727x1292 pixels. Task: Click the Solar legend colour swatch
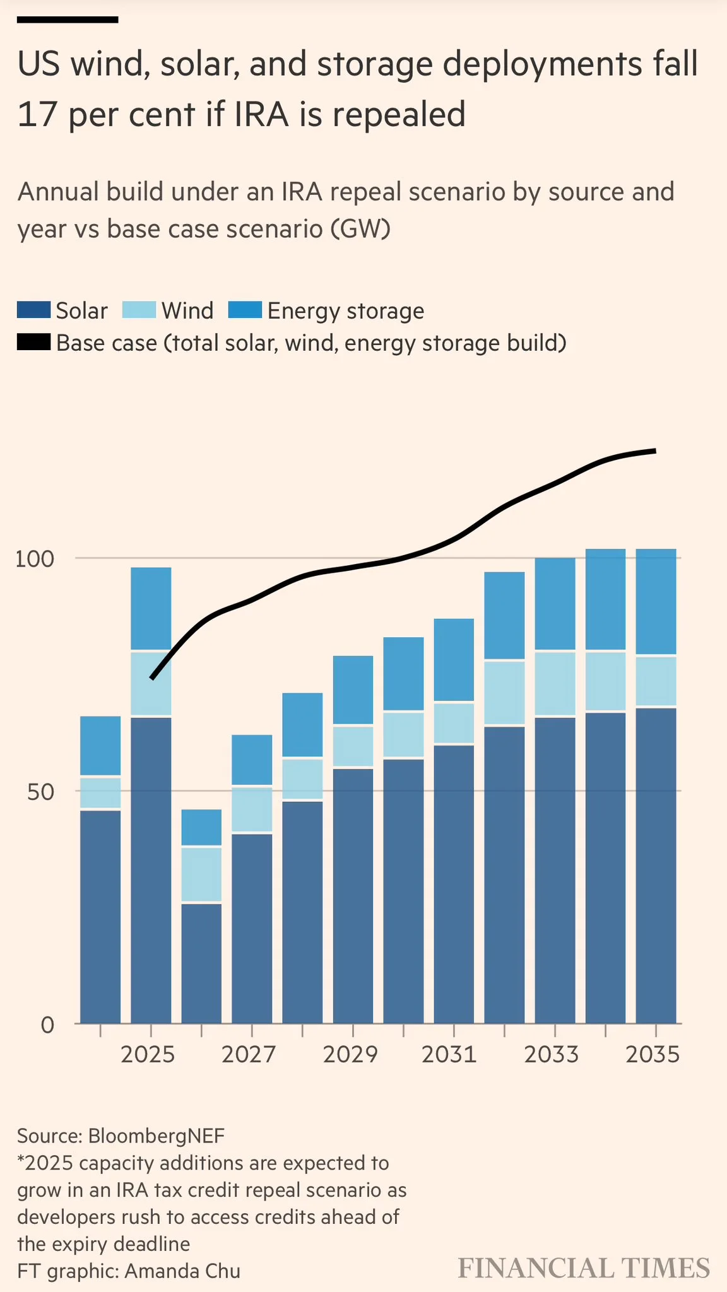[33, 310]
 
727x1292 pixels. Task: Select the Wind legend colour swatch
[138, 310]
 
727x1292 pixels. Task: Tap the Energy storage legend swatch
[244, 310]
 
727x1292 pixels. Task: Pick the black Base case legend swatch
[33, 343]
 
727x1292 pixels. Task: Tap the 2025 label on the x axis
[148, 1054]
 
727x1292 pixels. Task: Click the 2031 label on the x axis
[449, 1054]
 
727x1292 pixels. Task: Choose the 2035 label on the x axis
[653, 1054]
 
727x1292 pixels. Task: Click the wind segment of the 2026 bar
[201, 874]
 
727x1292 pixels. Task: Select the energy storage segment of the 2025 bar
[151, 608]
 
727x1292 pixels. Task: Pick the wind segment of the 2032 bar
[504, 693]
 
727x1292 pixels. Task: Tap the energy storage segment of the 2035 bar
[656, 602]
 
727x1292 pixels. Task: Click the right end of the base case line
[654, 451]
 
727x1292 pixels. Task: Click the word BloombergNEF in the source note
[156, 1136]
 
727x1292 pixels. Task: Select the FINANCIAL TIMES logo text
[584, 1268]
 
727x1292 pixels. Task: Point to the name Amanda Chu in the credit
[182, 1271]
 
